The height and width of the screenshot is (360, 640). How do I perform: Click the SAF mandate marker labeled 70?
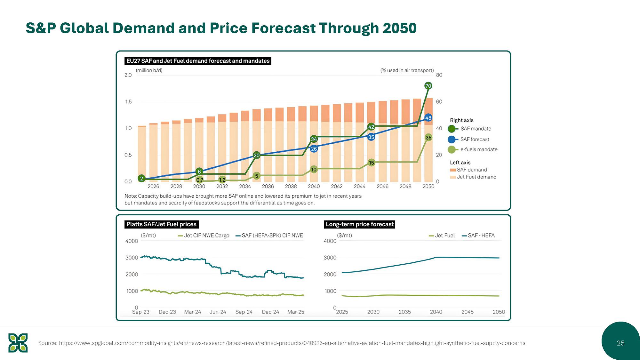(x=428, y=86)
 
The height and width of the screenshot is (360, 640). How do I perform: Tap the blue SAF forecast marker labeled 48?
(x=428, y=118)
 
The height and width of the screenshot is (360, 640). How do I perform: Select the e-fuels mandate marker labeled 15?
(x=371, y=163)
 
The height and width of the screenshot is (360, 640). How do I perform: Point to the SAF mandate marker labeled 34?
(x=314, y=139)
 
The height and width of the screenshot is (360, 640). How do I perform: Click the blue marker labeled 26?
(x=314, y=149)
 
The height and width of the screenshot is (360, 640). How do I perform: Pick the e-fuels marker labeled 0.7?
(x=200, y=180)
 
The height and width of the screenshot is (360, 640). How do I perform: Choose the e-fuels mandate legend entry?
(x=472, y=149)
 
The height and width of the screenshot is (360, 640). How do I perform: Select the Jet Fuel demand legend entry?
(x=473, y=177)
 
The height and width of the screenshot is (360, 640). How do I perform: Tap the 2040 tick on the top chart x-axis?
(x=314, y=187)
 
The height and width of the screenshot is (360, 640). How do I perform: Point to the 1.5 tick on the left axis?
(x=128, y=102)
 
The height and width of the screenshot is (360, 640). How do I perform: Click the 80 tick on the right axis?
(x=439, y=75)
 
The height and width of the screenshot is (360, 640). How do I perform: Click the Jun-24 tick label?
(x=218, y=312)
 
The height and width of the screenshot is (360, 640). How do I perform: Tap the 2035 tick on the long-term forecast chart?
(x=404, y=312)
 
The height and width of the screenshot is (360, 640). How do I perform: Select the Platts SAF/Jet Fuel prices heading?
(x=161, y=224)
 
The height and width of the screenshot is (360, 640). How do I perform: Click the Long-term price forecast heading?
(x=360, y=224)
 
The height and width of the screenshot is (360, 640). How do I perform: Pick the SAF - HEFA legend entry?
(x=478, y=236)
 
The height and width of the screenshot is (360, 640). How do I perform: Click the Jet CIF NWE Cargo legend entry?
(x=204, y=236)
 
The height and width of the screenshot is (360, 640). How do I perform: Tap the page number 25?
(x=620, y=343)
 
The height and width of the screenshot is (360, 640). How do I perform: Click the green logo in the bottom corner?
(x=18, y=343)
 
